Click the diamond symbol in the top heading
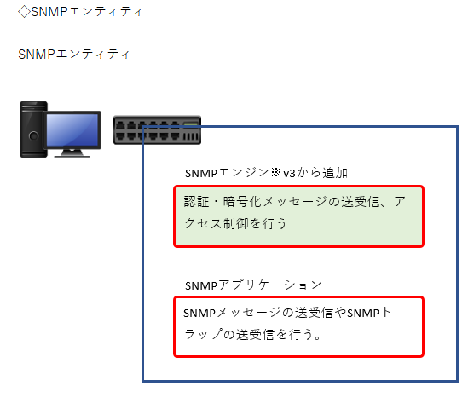(24, 12)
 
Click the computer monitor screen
(72, 129)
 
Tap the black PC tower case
(33, 129)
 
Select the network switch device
(157, 129)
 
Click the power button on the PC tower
(33, 136)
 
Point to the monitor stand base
(72, 153)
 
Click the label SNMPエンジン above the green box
(227, 173)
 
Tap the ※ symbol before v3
(275, 173)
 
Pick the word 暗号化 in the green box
(242, 202)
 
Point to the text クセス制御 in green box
(217, 223)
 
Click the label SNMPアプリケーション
(253, 285)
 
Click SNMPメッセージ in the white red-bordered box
(232, 313)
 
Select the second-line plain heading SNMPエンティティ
(74, 55)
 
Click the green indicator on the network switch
(191, 124)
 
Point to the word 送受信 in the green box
(360, 202)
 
